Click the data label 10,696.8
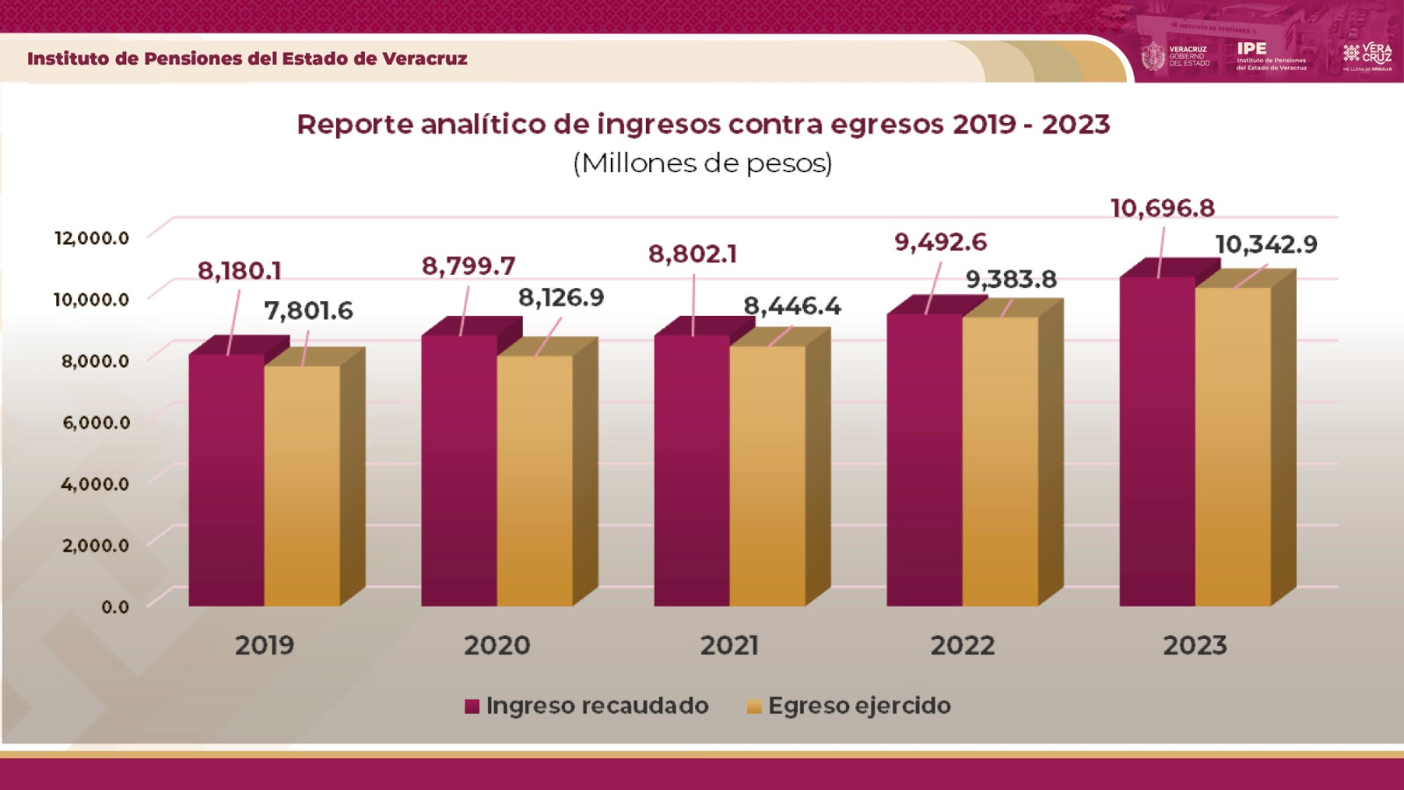[x=1162, y=208]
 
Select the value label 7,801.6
[x=308, y=311]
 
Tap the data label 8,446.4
[x=792, y=306]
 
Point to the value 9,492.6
[x=940, y=242]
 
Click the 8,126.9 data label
[x=561, y=298]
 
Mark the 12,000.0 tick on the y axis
[x=91, y=238]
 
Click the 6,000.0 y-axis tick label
[x=95, y=422]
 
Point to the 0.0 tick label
[x=114, y=607]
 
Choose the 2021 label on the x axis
[x=729, y=646]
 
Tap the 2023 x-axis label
[x=1194, y=646]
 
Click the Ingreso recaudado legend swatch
[x=472, y=707]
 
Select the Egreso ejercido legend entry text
[x=859, y=706]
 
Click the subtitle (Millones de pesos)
[x=702, y=163]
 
